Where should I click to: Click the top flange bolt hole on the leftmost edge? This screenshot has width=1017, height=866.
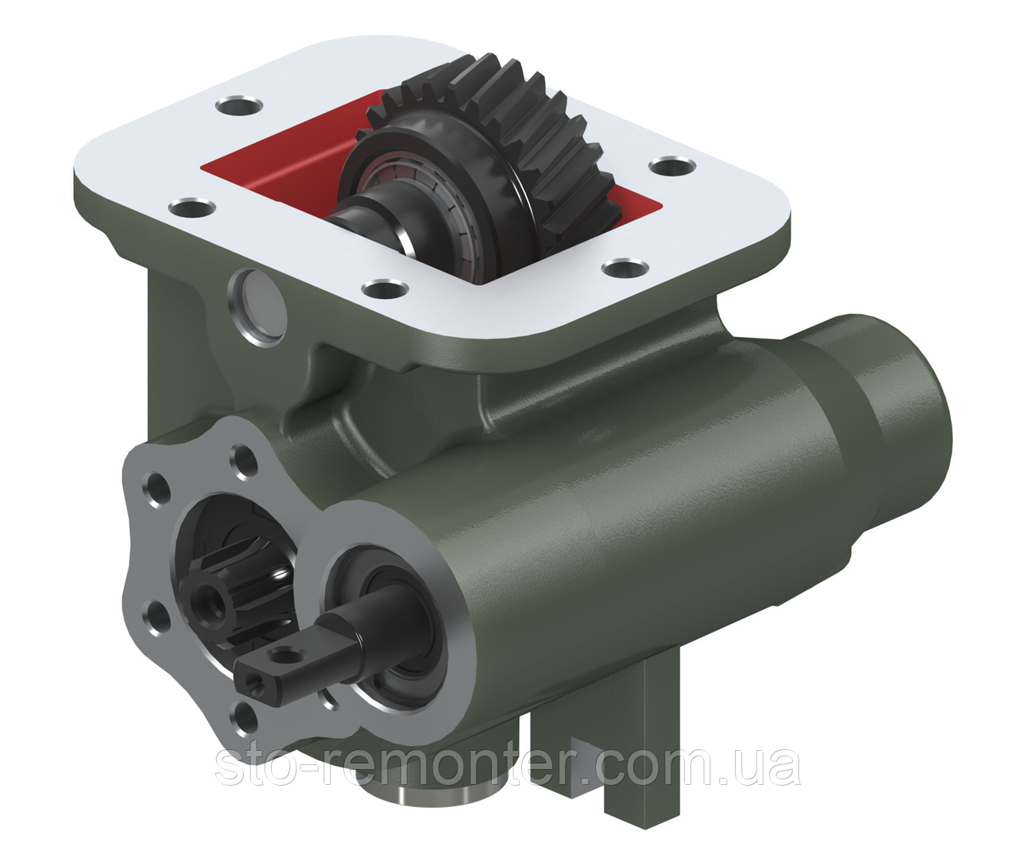pyautogui.click(x=191, y=211)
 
